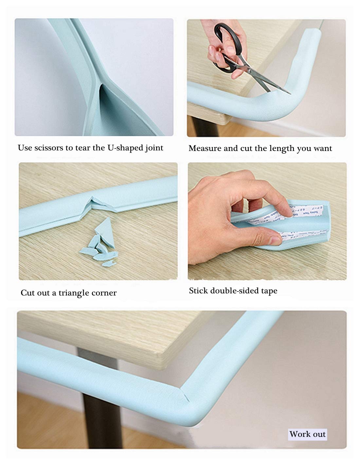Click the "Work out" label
pyautogui.click(x=307, y=435)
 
